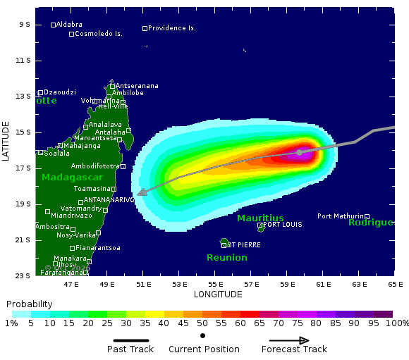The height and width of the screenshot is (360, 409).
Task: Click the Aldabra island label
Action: coord(69,25)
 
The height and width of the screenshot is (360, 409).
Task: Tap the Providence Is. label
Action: coord(172,28)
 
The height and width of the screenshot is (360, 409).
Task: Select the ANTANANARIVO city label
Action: coord(109,200)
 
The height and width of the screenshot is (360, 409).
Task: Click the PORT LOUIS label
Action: coord(282,225)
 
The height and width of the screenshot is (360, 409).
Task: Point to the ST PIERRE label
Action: coord(243,245)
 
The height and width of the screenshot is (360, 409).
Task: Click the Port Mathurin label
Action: coord(340,216)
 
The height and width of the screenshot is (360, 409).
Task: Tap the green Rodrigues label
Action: coord(370,223)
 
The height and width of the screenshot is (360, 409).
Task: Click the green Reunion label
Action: coord(226,258)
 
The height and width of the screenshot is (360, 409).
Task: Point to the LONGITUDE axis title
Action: coord(218,294)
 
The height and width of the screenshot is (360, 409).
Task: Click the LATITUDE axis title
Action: coord(6,141)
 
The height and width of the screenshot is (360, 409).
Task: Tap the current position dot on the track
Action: coord(299,152)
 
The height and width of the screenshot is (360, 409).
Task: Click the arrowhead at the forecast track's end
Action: coord(141,192)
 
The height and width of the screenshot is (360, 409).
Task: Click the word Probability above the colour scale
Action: coord(29,304)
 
